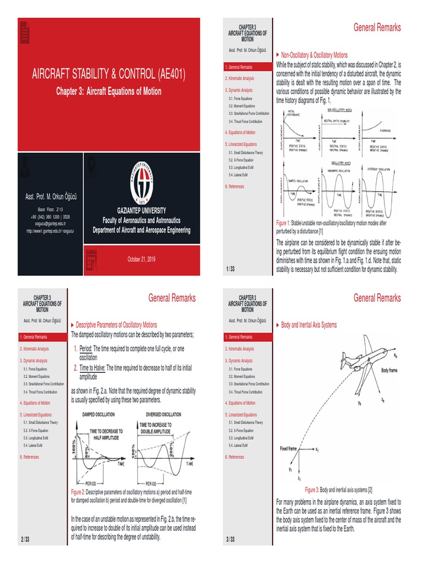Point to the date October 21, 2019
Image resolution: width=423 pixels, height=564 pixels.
click(142, 259)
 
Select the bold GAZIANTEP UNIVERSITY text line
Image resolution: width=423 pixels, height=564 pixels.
click(142, 211)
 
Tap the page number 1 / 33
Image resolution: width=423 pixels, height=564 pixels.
click(230, 268)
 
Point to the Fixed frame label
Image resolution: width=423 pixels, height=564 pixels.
click(289, 448)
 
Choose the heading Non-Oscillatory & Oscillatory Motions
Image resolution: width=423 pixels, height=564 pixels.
click(314, 55)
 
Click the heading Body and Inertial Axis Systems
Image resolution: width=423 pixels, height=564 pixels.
click(308, 325)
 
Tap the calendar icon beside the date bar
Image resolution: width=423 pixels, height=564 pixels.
click(91, 259)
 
